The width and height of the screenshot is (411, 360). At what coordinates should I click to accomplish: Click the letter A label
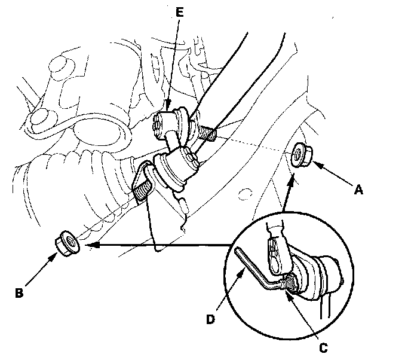[x=358, y=190]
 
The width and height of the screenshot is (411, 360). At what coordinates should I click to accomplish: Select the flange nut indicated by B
[x=65, y=243]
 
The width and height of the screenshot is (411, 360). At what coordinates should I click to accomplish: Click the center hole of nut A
[x=297, y=155]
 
